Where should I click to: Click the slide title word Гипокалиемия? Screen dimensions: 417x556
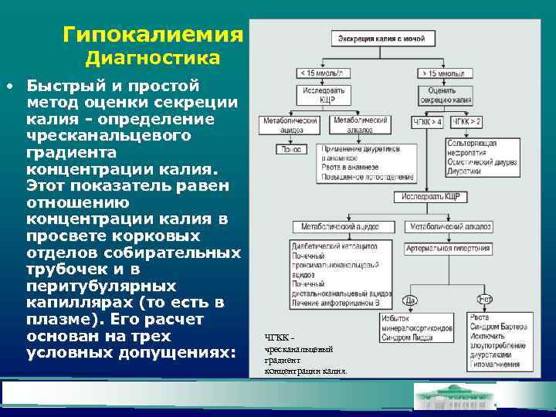coord(153,35)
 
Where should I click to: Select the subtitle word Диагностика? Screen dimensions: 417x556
coord(153,59)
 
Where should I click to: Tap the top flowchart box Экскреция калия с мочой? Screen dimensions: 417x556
coord(378,37)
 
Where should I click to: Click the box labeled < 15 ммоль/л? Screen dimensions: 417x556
coord(324,73)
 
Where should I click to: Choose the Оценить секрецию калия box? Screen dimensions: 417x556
coord(442,95)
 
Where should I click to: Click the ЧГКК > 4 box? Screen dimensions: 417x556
coord(428,122)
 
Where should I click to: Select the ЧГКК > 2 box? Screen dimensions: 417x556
coord(466,122)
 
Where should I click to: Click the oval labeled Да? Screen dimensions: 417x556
coord(411,300)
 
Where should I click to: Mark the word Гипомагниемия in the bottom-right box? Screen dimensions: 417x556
coord(494,364)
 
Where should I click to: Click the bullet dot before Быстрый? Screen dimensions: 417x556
coord(8,86)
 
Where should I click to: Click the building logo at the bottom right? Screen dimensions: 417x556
coord(455,396)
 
